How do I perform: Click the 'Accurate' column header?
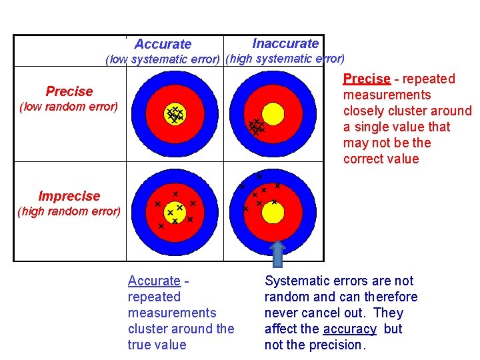pyautogui.click(x=163, y=44)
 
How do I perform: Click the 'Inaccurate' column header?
pyautogui.click(x=285, y=43)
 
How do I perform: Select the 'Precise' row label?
pyautogui.click(x=69, y=91)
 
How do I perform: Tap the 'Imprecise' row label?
pyautogui.click(x=69, y=196)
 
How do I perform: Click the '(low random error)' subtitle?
pyautogui.click(x=69, y=106)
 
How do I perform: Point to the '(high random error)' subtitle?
pyautogui.click(x=69, y=212)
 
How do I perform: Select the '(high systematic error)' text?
pyautogui.click(x=285, y=59)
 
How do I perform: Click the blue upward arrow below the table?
pyautogui.click(x=277, y=253)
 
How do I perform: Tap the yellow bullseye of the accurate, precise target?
pyautogui.click(x=175, y=115)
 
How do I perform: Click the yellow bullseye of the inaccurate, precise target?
pyautogui.click(x=273, y=111)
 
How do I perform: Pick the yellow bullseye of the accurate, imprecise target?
pyautogui.click(x=175, y=211)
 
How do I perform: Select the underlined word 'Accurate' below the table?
pyautogui.click(x=154, y=281)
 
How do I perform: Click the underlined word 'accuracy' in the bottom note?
pyautogui.click(x=349, y=329)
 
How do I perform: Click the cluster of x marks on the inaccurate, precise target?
pyautogui.click(x=256, y=126)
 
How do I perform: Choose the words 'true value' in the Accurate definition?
pyautogui.click(x=157, y=345)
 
